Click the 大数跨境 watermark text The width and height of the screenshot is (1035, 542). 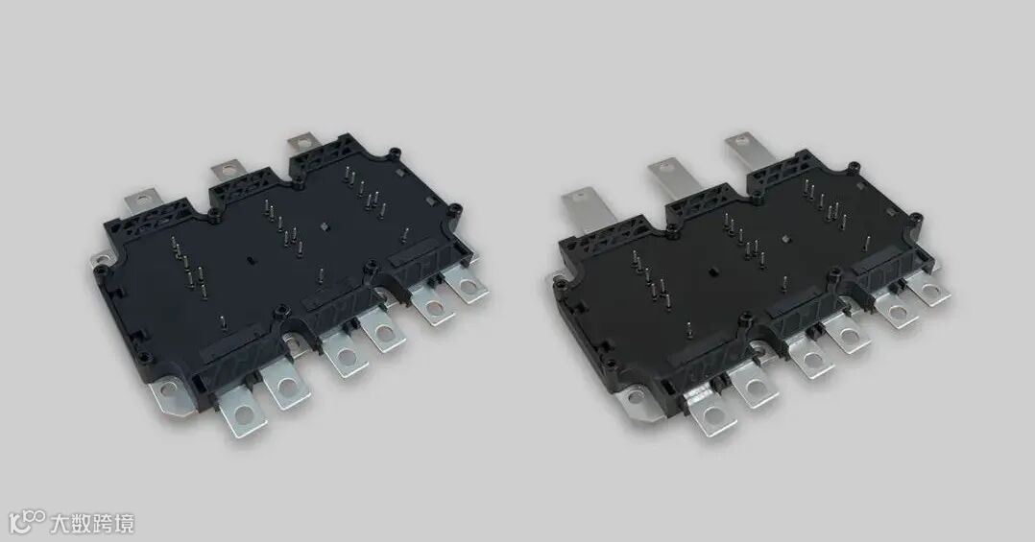click(92, 524)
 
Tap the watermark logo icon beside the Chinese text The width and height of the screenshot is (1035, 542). click(27, 522)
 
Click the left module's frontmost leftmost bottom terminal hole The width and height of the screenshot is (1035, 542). click(244, 414)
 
